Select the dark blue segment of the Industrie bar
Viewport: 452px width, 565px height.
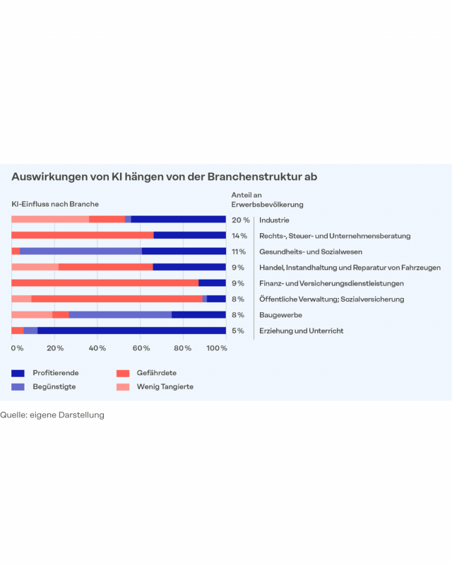pyautogui.click(x=178, y=220)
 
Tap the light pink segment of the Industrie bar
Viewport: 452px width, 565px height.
pyautogui.click(x=50, y=220)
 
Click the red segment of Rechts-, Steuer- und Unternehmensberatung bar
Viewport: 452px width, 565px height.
pyautogui.click(x=82, y=235)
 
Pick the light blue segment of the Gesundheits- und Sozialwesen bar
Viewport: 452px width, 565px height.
pyautogui.click(x=81, y=251)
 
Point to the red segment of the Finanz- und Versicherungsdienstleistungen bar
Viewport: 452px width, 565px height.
pyautogui.click(x=105, y=283)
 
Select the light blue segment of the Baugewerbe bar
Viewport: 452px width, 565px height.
pyautogui.click(x=120, y=315)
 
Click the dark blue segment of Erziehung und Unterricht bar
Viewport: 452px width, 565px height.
pyautogui.click(x=131, y=331)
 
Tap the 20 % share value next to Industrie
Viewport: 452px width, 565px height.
pyautogui.click(x=240, y=220)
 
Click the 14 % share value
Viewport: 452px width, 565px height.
pyautogui.click(x=239, y=236)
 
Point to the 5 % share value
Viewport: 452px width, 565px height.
pyautogui.click(x=238, y=331)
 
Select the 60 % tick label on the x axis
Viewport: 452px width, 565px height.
pyautogui.click(x=140, y=349)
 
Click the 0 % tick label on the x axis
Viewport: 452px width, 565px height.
pyautogui.click(x=17, y=349)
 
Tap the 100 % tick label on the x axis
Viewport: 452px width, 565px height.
pyautogui.click(x=216, y=349)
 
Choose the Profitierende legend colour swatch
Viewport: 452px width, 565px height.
pyautogui.click(x=18, y=372)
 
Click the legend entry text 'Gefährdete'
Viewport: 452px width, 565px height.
pyautogui.click(x=156, y=372)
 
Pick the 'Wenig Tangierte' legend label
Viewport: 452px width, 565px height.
pyautogui.click(x=165, y=386)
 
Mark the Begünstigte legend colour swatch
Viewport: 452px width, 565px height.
pyautogui.click(x=18, y=386)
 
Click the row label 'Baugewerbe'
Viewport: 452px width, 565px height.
pyautogui.click(x=281, y=315)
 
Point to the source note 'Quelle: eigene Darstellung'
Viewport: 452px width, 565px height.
pyautogui.click(x=52, y=415)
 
